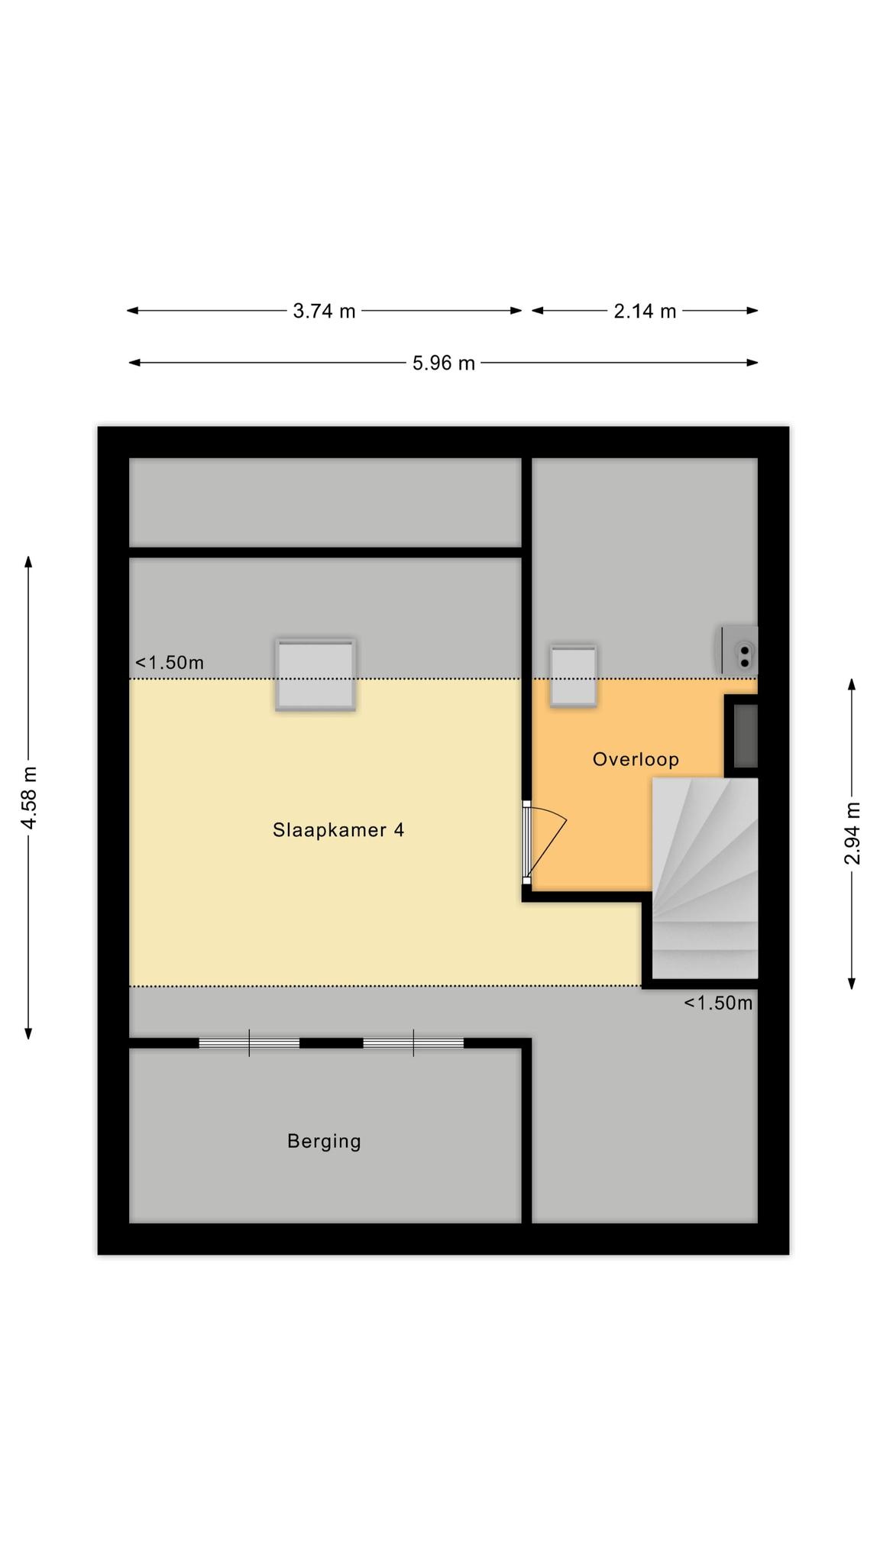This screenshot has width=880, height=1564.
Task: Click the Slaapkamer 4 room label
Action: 338,829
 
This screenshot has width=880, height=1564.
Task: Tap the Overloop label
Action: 636,759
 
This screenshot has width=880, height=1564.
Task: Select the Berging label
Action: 324,1141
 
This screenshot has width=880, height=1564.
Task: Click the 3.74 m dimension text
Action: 325,311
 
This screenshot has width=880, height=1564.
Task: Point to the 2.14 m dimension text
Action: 645,311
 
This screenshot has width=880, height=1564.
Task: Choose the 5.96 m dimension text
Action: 444,363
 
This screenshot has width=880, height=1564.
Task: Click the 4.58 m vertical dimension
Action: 29,797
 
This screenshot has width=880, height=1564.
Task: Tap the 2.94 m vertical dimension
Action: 852,833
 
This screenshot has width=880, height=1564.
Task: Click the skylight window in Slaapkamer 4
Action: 315,675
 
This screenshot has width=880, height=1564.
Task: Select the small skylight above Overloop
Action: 574,676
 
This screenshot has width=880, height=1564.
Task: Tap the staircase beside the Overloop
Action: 704,878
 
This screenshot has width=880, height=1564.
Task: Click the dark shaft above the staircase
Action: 746,736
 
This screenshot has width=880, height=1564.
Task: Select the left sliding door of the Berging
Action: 249,1043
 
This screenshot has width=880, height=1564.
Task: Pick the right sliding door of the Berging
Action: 413,1043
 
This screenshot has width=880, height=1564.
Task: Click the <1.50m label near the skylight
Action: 170,663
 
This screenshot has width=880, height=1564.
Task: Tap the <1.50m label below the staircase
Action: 718,1003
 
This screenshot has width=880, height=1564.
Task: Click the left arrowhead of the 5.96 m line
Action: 134,363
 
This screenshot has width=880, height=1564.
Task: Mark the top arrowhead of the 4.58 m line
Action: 29,561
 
